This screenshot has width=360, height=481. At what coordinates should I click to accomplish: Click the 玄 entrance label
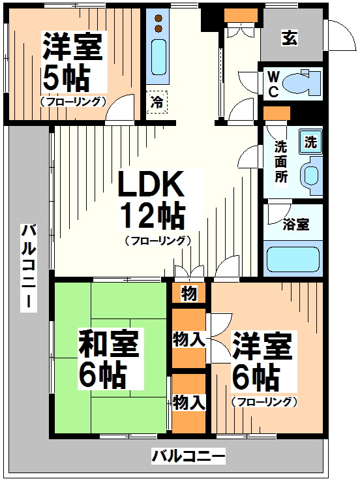tap(290, 39)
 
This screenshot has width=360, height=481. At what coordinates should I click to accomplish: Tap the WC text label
tap(273, 85)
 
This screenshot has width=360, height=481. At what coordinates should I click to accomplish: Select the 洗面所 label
tap(281, 162)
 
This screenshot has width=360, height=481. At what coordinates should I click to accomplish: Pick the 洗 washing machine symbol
tap(311, 142)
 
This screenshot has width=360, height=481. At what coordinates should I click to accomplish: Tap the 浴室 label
tap(295, 225)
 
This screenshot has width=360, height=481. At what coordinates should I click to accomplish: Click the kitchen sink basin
tap(158, 57)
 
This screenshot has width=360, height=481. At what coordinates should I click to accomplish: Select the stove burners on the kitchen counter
tap(158, 23)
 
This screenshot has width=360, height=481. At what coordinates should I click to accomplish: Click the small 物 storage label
tap(189, 294)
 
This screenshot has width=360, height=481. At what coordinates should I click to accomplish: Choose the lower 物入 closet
tap(190, 403)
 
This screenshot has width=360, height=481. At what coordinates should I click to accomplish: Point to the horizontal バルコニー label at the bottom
tap(188, 456)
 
